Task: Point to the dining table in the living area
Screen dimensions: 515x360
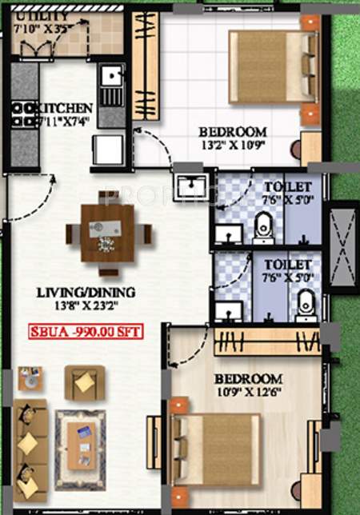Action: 107,233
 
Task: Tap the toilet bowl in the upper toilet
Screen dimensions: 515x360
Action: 262,230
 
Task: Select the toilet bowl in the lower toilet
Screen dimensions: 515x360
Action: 305,304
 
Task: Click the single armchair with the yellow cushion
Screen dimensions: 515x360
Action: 84,382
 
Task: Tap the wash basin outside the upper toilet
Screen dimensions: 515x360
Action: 190,186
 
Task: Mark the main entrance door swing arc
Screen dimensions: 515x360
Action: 36,196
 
